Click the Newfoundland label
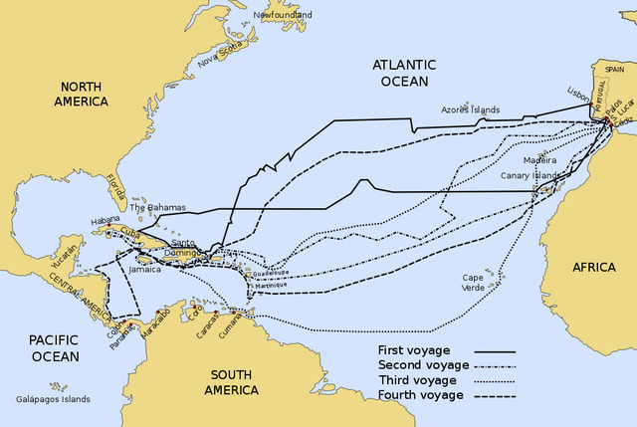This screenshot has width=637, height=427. pos(282,15)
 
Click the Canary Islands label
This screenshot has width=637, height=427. pos(531,175)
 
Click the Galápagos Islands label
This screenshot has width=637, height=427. pos(55,398)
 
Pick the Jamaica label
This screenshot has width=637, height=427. pos(144,269)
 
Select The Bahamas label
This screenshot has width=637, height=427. pos(157,207)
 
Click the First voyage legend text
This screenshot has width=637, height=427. pos(414,350)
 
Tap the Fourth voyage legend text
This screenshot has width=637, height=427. pos(420,395)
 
